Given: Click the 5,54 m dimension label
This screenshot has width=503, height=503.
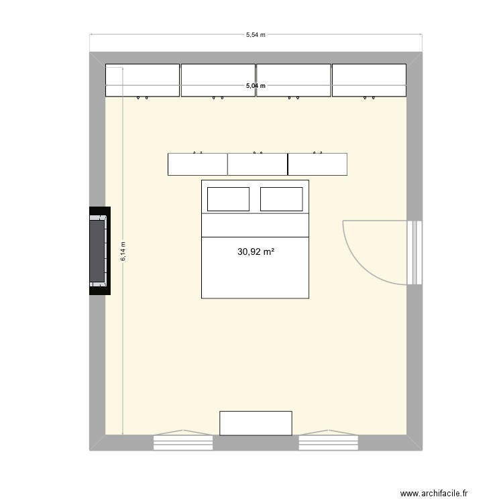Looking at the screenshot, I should tap(256, 35).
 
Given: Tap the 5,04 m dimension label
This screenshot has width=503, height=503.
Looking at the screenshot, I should tap(256, 86).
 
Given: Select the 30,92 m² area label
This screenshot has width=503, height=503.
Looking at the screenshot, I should tap(256, 252).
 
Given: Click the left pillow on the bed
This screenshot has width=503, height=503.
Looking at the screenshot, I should tap(228, 199).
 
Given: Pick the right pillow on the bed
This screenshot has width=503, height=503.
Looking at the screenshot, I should tap(281, 199).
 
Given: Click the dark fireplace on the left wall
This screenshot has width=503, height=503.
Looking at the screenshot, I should tap(98, 251).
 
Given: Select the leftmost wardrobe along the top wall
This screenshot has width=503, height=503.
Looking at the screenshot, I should tap(142, 80).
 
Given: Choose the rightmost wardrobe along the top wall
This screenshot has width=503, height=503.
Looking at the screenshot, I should tap(369, 80).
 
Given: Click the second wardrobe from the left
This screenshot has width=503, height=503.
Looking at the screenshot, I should tap(218, 80).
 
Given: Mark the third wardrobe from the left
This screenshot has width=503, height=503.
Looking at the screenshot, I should tap(293, 80).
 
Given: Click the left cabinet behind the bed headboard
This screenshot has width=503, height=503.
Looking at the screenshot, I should tap(197, 164).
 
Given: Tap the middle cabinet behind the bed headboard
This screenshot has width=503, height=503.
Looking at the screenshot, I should tap(258, 164).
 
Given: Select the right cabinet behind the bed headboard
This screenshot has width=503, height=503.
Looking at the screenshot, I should tap(317, 164).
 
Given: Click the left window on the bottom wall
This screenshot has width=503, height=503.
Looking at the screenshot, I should tap(183, 442).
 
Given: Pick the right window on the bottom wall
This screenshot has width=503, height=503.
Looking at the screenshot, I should tap(328, 442).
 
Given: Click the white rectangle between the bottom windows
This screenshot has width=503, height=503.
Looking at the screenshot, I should tap(256, 423).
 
